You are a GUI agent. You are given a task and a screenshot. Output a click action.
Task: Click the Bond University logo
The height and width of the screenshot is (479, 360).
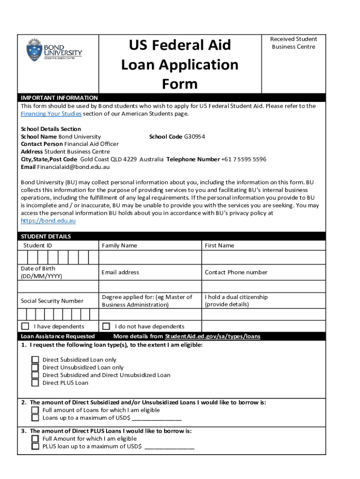pyautogui.click(x=54, y=50)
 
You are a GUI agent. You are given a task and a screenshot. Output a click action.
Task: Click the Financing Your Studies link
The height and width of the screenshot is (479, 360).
pyautogui.click(x=51, y=114)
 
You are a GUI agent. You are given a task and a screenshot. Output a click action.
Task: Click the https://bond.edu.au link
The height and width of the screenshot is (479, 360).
pyautogui.click(x=48, y=221)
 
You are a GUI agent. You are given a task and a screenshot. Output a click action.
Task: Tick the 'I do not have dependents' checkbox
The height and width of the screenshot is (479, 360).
pyautogui.click(x=106, y=326)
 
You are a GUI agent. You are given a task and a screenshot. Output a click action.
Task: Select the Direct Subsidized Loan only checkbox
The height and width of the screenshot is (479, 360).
pyautogui.click(x=35, y=360)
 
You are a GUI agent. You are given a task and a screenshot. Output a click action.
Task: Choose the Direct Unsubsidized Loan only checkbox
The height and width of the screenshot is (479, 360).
pyautogui.click(x=35, y=368)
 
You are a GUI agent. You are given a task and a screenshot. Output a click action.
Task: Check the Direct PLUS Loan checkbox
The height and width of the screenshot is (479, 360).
pyautogui.click(x=35, y=383)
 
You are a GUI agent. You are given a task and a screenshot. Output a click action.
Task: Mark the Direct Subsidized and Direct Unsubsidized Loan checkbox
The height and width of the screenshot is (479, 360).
pyautogui.click(x=35, y=375)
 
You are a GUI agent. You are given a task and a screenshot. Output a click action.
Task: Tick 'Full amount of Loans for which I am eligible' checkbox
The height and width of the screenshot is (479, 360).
pyautogui.click(x=35, y=410)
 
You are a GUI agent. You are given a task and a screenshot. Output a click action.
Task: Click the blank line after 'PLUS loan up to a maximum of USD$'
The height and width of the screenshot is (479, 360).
pyautogui.click(x=169, y=447)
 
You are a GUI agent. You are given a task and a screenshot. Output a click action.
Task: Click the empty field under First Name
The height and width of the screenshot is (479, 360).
pyautogui.click(x=263, y=258)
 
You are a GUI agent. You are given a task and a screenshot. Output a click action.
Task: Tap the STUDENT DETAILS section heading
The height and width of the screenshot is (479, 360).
pyautogui.click(x=46, y=237)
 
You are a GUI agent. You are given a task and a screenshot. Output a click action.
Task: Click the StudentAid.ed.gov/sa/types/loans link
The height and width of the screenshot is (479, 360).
pyautogui.click(x=212, y=336)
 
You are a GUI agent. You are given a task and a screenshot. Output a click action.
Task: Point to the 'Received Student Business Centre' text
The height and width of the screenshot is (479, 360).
pyautogui.click(x=294, y=43)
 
